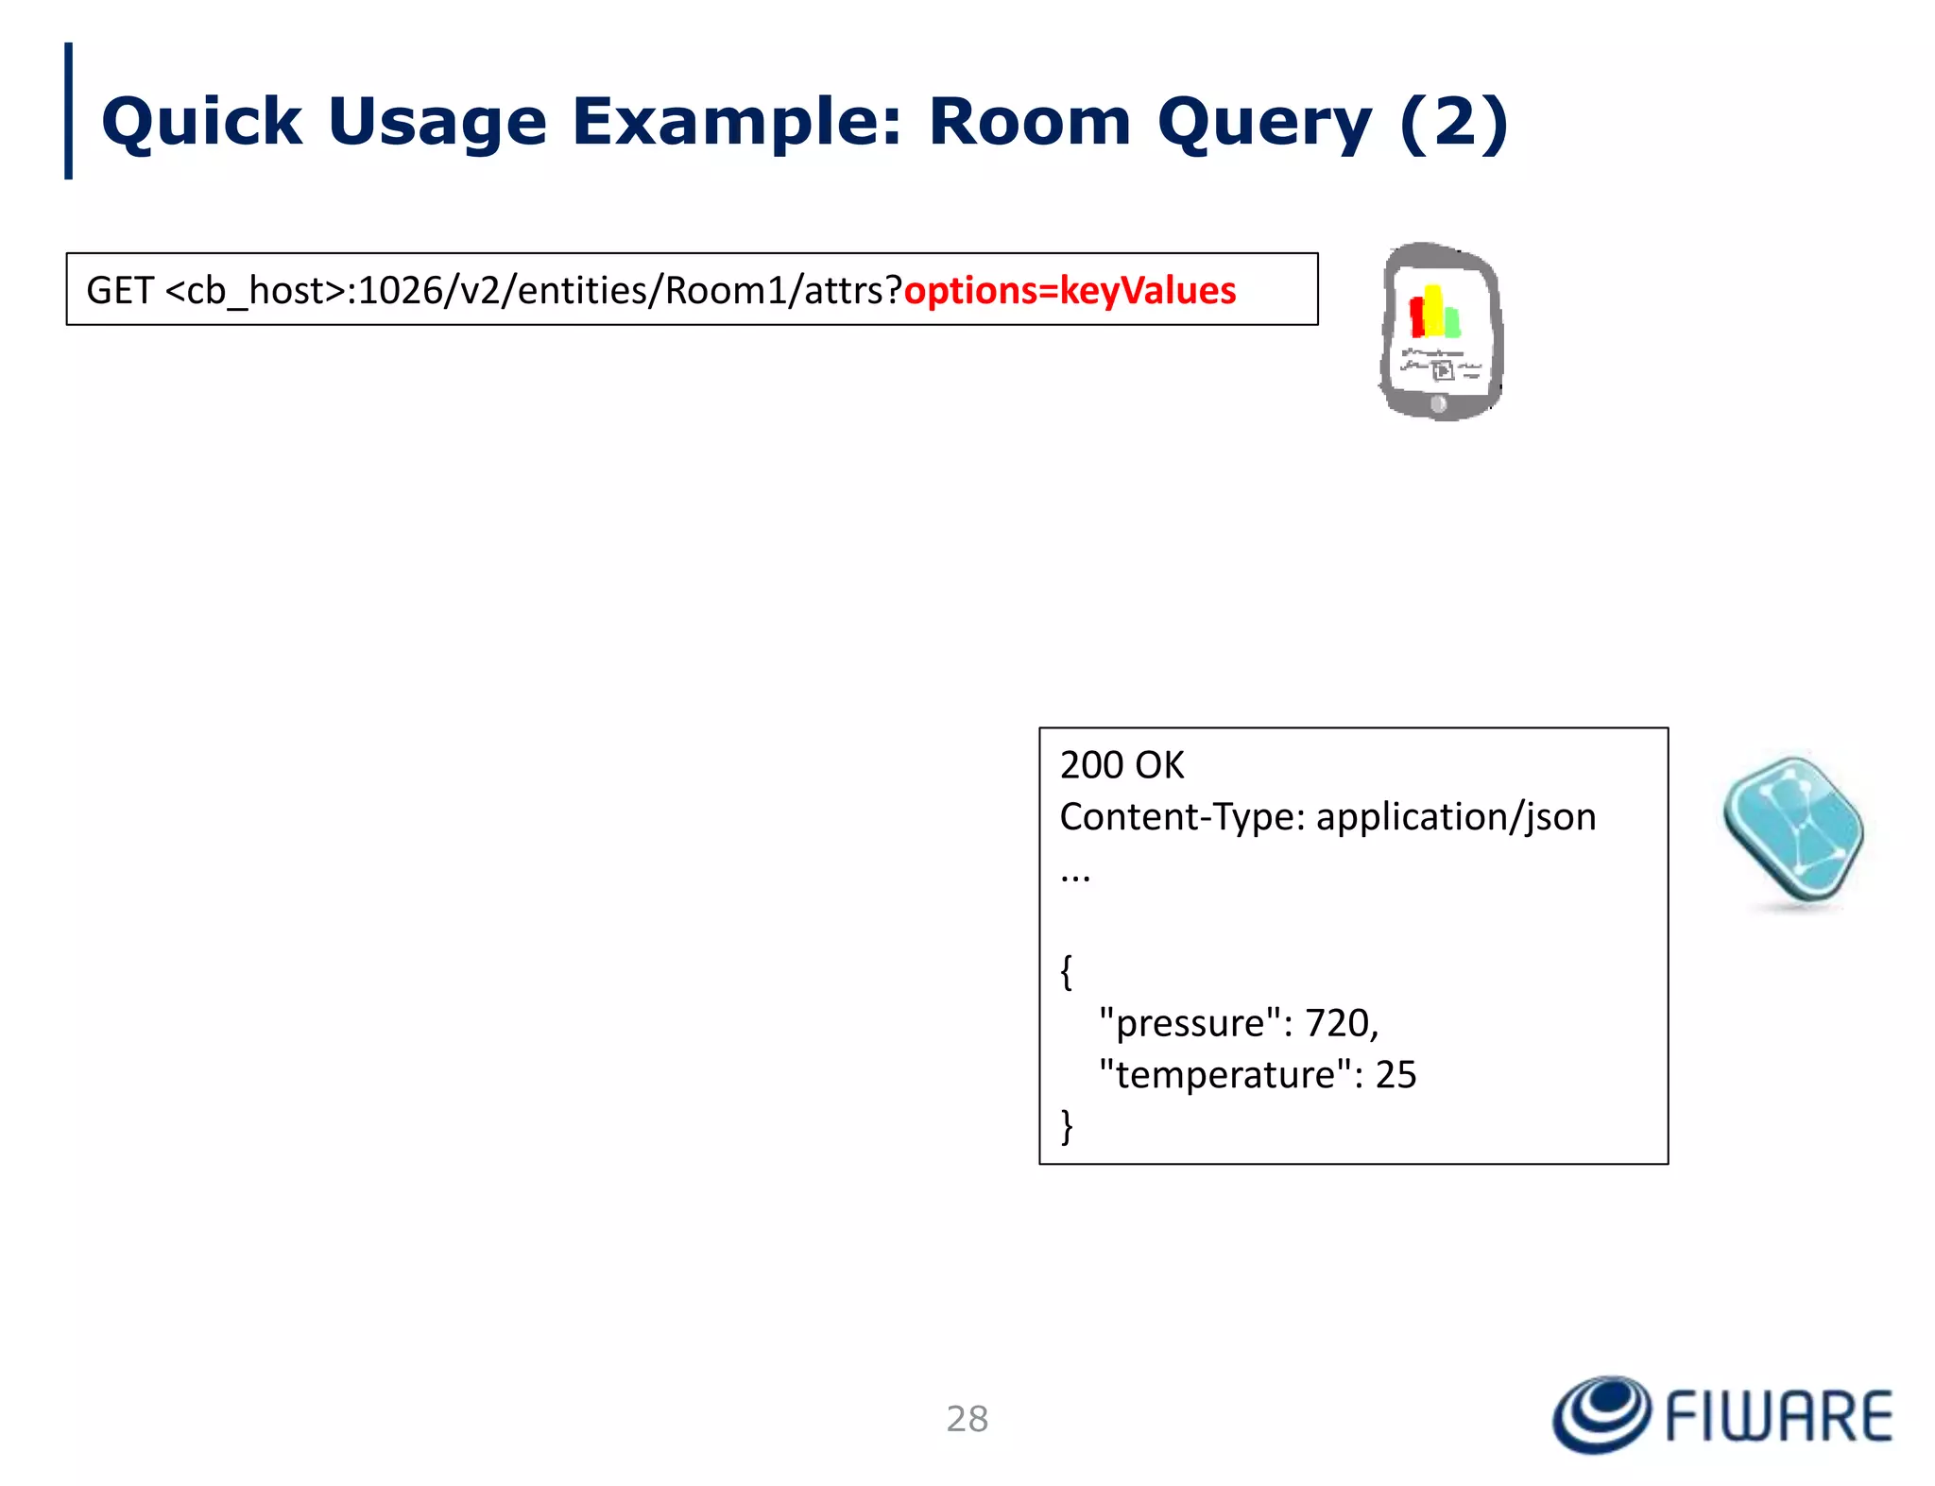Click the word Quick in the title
201,122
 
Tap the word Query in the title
1264,124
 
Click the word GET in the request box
120,291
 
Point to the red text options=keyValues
1070,291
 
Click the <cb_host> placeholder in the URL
255,291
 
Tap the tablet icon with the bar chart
1440,330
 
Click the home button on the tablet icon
1438,404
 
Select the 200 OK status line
1122,765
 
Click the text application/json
1455,817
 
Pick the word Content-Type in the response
1181,817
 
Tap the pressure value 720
1337,1023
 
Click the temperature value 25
1396,1075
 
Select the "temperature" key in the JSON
1224,1075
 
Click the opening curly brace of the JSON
1067,971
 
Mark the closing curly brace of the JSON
1067,1126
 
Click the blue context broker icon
1792,830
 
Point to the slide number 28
967,1419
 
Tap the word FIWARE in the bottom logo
1778,1416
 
